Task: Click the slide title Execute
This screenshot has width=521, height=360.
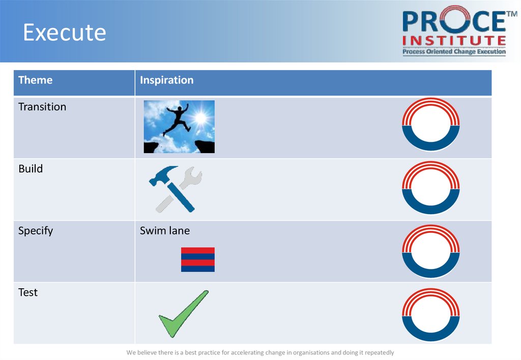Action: pyautogui.click(x=65, y=32)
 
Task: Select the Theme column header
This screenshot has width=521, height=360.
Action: pyautogui.click(x=35, y=80)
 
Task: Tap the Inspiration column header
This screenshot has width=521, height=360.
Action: pyautogui.click(x=166, y=80)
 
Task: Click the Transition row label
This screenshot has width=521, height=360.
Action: pyautogui.click(x=42, y=107)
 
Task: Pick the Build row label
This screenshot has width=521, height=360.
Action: pyautogui.click(x=31, y=169)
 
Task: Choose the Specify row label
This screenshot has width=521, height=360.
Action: pyautogui.click(x=36, y=231)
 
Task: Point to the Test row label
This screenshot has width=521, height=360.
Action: pyautogui.click(x=28, y=292)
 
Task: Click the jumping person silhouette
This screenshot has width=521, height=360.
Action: pyautogui.click(x=177, y=119)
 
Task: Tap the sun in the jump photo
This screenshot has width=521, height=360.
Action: pyautogui.click(x=200, y=117)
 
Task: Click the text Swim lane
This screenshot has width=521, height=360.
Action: pyautogui.click(x=165, y=230)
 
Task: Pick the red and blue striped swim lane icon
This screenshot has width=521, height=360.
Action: pyautogui.click(x=198, y=259)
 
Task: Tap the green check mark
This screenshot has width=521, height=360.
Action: pyautogui.click(x=184, y=314)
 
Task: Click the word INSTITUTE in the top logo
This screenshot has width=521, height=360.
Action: pyautogui.click(x=454, y=41)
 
